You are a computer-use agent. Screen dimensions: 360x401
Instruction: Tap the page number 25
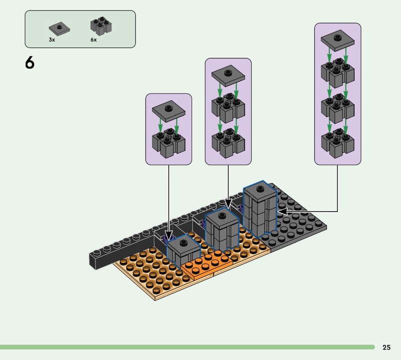click(x=386, y=347)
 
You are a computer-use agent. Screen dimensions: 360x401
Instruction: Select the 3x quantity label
click(x=52, y=40)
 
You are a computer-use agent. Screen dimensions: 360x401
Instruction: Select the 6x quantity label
click(x=94, y=40)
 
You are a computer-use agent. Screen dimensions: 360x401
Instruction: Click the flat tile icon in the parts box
click(x=60, y=28)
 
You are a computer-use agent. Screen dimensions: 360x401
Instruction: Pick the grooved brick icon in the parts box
click(x=100, y=26)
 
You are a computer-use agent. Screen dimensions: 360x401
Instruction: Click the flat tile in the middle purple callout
click(x=228, y=75)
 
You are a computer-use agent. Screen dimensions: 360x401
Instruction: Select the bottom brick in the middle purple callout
click(x=228, y=140)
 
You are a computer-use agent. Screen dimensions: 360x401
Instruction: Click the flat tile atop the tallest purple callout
click(x=337, y=39)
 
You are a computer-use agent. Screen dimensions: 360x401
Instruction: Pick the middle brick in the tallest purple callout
click(x=337, y=106)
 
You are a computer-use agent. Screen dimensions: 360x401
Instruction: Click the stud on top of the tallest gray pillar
click(x=260, y=189)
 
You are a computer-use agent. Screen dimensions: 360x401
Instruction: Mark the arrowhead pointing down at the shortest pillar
click(x=169, y=236)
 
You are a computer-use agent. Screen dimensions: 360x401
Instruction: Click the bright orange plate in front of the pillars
click(x=206, y=265)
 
